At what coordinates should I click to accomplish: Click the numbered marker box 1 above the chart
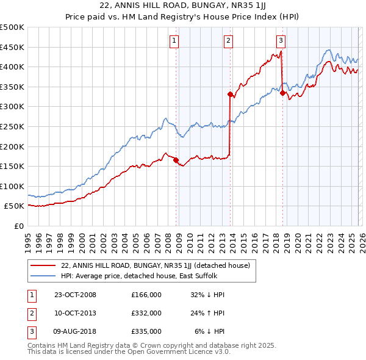coord(174,41)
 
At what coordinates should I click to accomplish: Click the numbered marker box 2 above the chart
coord(228,41)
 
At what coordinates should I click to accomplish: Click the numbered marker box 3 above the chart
coord(281,41)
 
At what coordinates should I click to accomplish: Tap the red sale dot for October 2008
coord(176,160)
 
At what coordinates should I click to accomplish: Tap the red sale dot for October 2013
coord(230,94)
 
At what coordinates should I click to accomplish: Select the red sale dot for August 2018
coord(282,93)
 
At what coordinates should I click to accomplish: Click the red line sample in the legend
coord(43,265)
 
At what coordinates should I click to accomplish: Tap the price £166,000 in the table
coord(146,295)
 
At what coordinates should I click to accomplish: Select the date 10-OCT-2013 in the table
coord(75,313)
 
